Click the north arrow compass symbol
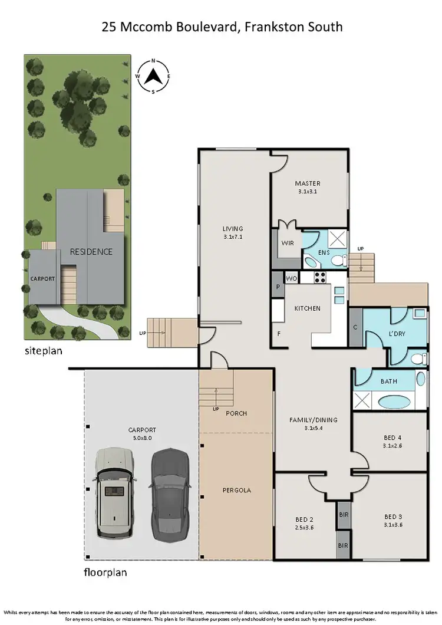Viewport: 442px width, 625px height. (153, 75)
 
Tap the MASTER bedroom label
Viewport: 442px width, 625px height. (308, 183)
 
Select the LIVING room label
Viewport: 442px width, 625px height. (233, 229)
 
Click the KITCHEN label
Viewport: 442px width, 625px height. (308, 308)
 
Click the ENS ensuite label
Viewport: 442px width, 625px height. (324, 252)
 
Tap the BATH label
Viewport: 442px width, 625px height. (388, 381)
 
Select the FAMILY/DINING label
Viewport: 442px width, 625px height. (313, 420)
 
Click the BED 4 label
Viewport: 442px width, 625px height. (393, 437)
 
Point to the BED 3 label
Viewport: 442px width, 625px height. (393, 516)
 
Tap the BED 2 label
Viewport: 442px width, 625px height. (305, 519)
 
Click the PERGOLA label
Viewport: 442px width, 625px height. (236, 490)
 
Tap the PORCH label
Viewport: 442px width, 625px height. (236, 413)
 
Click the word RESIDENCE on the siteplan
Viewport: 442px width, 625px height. (91, 252)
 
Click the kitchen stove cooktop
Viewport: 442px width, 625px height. (320, 277)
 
